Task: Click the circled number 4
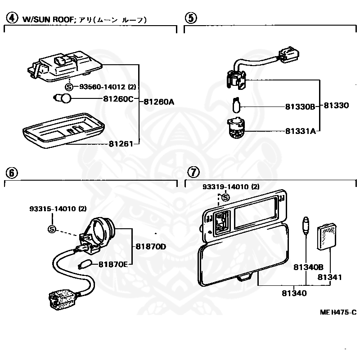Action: coord(12,18)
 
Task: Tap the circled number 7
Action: coord(193,172)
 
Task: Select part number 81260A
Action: coord(159,102)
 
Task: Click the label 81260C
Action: coord(118,99)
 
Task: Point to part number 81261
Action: coord(121,144)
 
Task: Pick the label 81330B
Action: coord(300,107)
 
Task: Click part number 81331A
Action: coord(301,131)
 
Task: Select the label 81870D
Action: coord(151,247)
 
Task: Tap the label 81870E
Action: coord(113,264)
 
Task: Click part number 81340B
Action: coord(308,267)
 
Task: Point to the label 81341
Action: coord(329,277)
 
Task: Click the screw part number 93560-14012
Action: coord(103,87)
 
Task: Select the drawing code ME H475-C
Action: coord(338,312)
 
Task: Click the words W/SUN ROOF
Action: coord(48,19)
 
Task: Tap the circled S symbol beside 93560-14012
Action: coord(69,87)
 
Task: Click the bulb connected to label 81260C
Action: coord(62,98)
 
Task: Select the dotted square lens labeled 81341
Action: coord(327,236)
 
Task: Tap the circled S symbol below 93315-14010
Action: coord(52,229)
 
